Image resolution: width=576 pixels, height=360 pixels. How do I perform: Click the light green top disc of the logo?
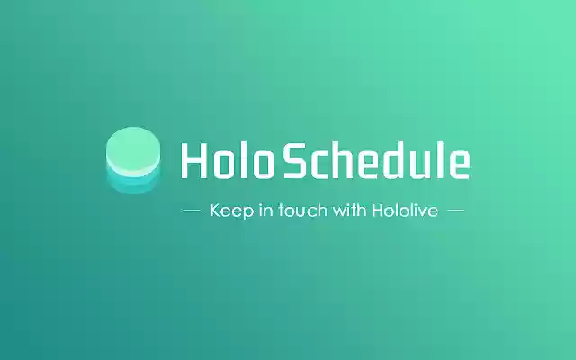click(133, 148)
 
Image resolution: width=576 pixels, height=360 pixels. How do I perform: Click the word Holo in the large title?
click(226, 160)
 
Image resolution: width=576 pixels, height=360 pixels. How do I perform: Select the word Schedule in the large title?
click(376, 160)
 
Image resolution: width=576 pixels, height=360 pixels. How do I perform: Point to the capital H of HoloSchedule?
click(193, 160)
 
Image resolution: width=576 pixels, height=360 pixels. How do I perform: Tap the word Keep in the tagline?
click(229, 211)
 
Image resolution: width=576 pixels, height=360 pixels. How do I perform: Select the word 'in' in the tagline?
click(264, 211)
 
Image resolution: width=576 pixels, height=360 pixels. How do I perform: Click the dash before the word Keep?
click(191, 211)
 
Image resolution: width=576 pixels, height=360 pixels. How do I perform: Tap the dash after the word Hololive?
click(455, 211)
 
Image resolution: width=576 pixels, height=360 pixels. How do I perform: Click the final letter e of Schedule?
click(459, 162)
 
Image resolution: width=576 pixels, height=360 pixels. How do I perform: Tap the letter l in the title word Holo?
click(239, 160)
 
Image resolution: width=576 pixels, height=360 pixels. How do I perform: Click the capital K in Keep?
click(215, 211)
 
